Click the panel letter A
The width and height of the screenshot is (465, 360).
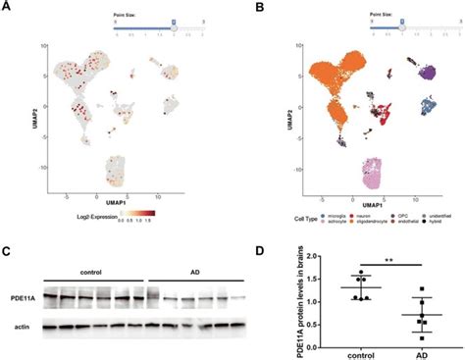(8, 7)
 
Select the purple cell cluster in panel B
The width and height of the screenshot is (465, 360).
(426, 71)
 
